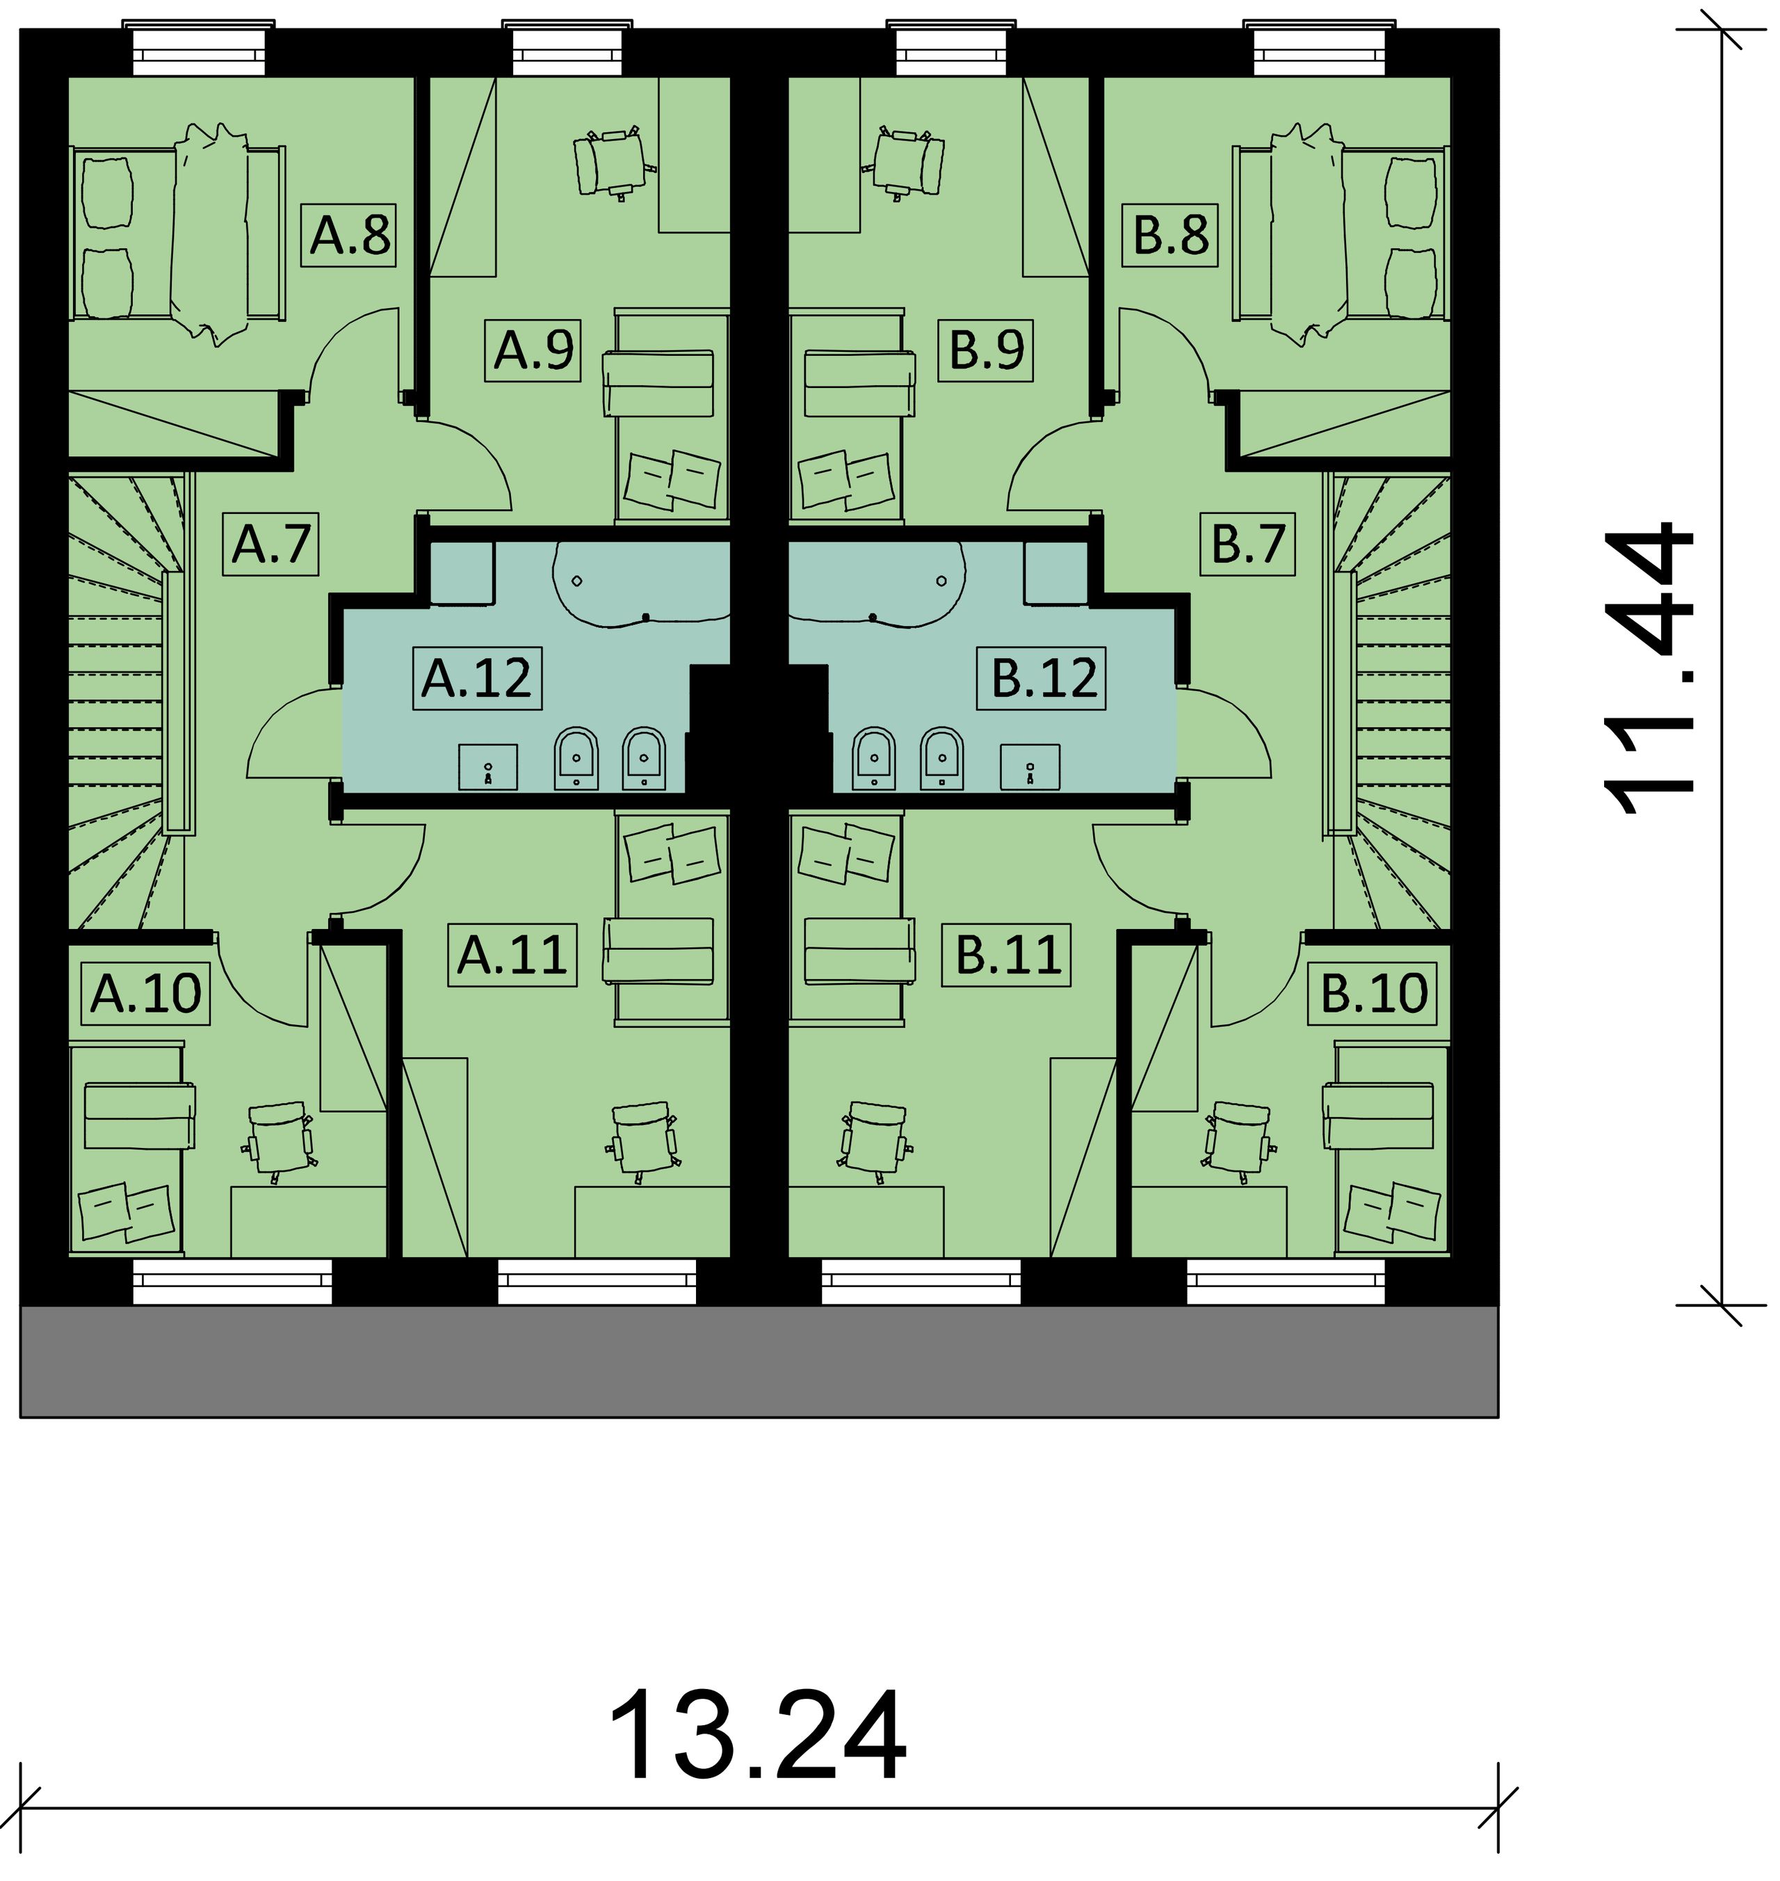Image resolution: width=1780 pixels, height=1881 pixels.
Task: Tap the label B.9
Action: pos(987,350)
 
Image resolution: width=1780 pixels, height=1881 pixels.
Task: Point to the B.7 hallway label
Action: pos(1247,544)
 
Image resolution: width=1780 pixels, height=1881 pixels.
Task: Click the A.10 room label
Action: pos(145,994)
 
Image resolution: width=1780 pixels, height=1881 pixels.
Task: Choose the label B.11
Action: pos(1007,954)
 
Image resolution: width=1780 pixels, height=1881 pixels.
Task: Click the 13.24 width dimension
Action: pos(756,1738)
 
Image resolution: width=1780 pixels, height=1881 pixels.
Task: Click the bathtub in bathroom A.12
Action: pos(641,583)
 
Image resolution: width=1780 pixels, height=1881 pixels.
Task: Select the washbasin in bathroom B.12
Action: pos(1030,766)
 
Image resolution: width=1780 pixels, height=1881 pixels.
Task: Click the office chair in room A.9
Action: pos(612,163)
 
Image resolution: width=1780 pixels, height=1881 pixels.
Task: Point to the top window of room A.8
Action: pos(200,49)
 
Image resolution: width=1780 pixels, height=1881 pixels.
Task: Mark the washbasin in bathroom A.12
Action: pos(487,766)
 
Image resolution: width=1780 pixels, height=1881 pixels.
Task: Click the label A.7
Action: pos(270,544)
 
